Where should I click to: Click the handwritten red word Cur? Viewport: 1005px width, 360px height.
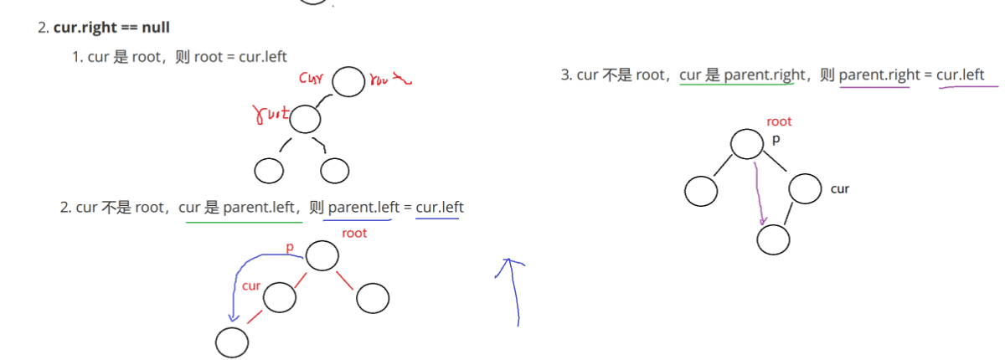pos(312,79)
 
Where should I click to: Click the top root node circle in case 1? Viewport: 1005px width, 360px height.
pos(348,82)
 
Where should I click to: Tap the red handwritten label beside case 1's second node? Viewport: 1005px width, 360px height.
pos(271,114)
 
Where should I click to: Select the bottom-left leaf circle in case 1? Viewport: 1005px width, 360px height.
pos(269,171)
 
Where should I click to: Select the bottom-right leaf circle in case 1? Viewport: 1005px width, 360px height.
pos(334,171)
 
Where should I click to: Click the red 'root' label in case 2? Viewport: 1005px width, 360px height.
pos(354,233)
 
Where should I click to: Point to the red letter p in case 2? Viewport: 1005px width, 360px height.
pos(291,249)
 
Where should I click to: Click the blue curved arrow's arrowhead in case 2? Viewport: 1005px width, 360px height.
pos(235,318)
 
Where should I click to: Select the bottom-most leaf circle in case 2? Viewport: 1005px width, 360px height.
pos(232,342)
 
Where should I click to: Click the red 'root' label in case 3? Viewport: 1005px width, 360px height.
pos(779,121)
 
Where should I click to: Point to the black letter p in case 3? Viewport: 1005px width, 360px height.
pos(776,139)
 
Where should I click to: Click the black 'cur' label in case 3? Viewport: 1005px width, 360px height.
pos(840,188)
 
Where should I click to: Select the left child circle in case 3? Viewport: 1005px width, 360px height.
pos(700,191)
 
